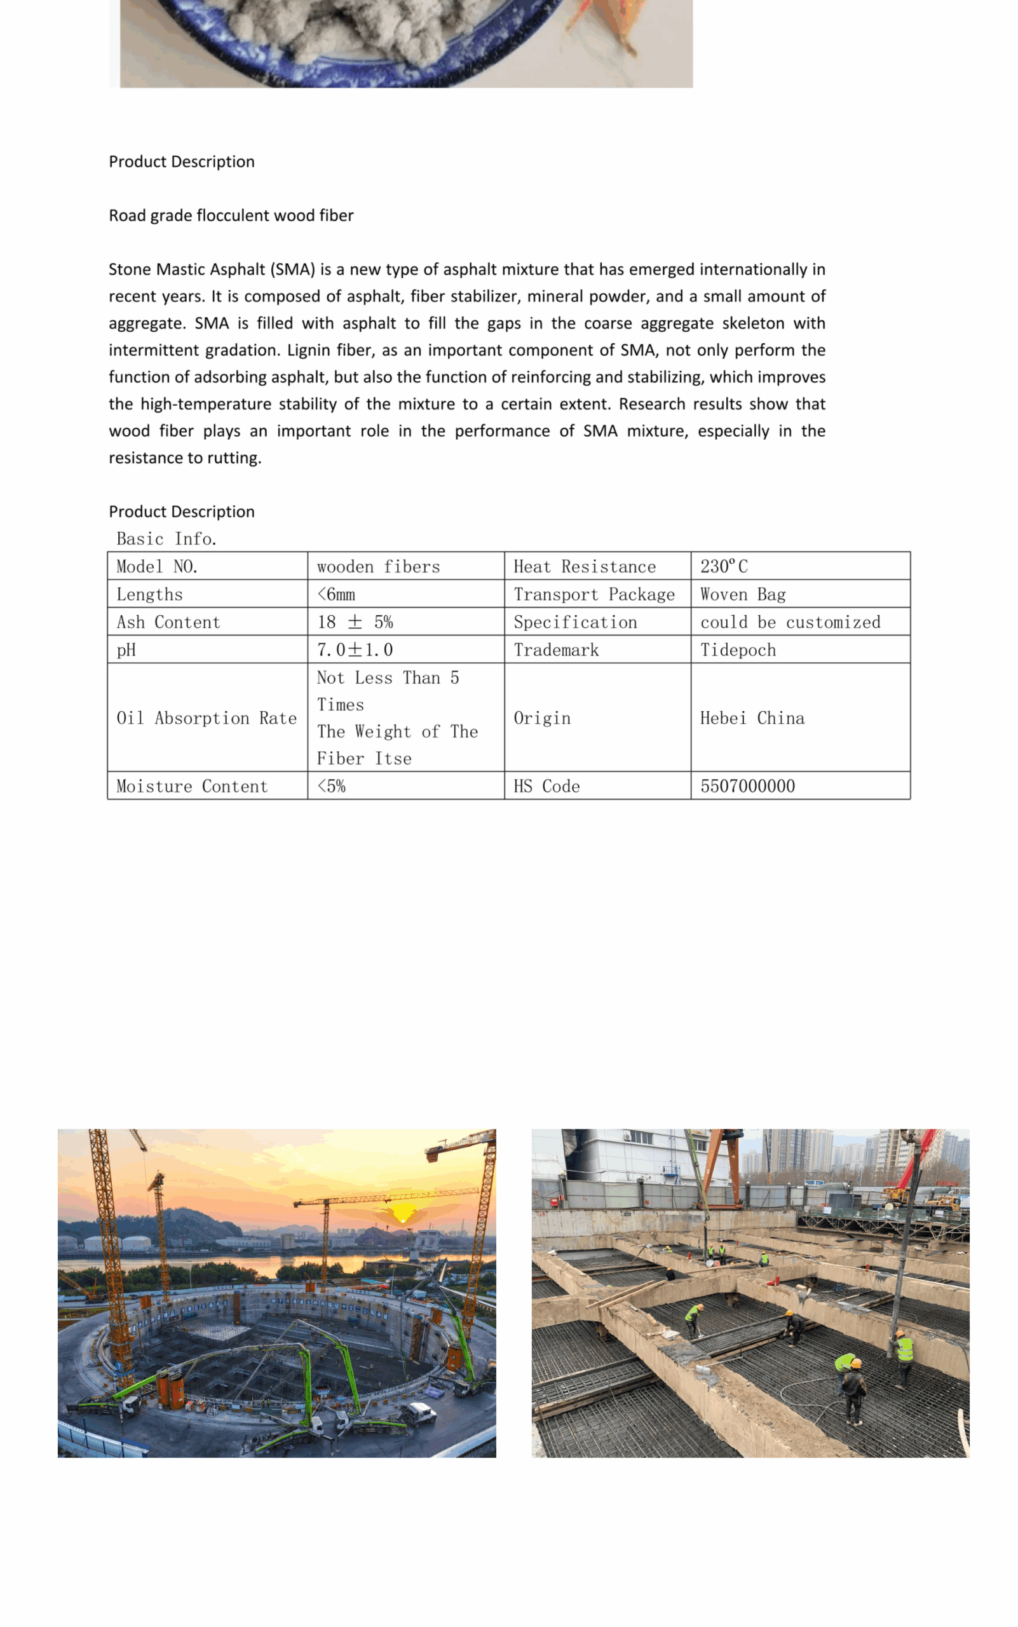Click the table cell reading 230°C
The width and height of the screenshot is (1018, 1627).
tap(724, 566)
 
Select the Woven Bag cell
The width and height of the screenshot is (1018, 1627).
tap(743, 594)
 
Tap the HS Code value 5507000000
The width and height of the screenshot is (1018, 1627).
tap(747, 786)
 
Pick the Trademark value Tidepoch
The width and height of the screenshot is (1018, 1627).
tap(738, 650)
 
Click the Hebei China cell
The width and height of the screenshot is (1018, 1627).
tap(752, 718)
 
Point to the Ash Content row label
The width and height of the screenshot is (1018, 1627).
tap(168, 622)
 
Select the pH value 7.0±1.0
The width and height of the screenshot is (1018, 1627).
tap(355, 650)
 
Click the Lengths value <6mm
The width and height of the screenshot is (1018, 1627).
tap(336, 594)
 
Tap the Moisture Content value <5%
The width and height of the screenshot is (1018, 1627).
tap(331, 786)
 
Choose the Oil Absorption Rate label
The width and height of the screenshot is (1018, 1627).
tap(206, 718)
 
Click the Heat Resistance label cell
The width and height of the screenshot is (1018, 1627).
tap(585, 566)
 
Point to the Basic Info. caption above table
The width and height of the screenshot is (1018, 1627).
tap(166, 539)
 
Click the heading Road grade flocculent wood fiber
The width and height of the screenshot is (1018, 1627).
tap(231, 215)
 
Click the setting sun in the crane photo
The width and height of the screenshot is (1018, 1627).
tap(403, 1213)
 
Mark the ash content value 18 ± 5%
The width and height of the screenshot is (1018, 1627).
tap(355, 622)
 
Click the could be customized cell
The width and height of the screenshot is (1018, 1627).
tap(790, 622)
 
